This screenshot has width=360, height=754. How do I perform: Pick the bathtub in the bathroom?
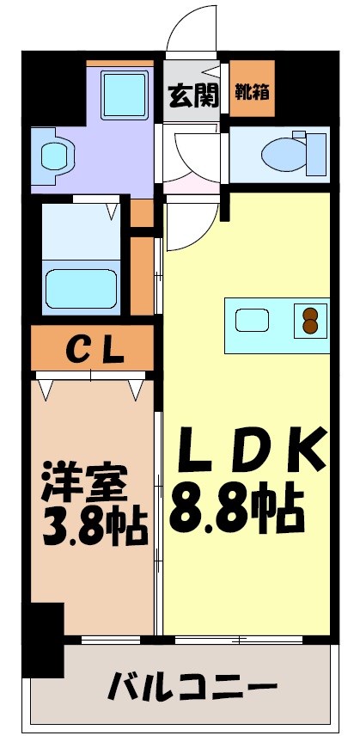[81, 287]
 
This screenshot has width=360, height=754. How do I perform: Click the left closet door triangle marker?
[46, 390]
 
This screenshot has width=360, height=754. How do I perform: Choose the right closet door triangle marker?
[136, 390]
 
